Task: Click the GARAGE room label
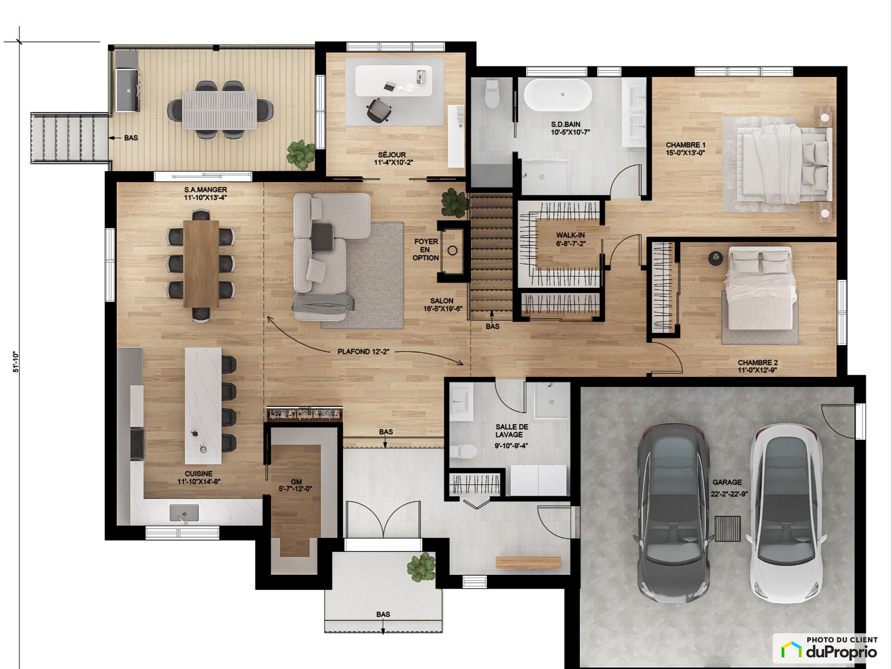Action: point(728,482)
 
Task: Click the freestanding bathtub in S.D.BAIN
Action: point(563,95)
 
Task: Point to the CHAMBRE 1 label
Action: point(686,145)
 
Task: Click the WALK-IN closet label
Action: point(570,235)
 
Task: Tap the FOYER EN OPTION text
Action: point(426,249)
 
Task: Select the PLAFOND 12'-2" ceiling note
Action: point(363,351)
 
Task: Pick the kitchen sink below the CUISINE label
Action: point(184,512)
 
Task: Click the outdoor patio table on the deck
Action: point(220,110)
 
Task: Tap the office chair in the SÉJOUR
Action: point(379,110)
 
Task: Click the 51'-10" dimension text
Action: point(16,361)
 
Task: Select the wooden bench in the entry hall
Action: point(529,563)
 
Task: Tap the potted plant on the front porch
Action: point(422,567)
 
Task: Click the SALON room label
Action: point(442,301)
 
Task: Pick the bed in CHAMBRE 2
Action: point(759,287)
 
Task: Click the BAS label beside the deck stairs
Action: point(131,138)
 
